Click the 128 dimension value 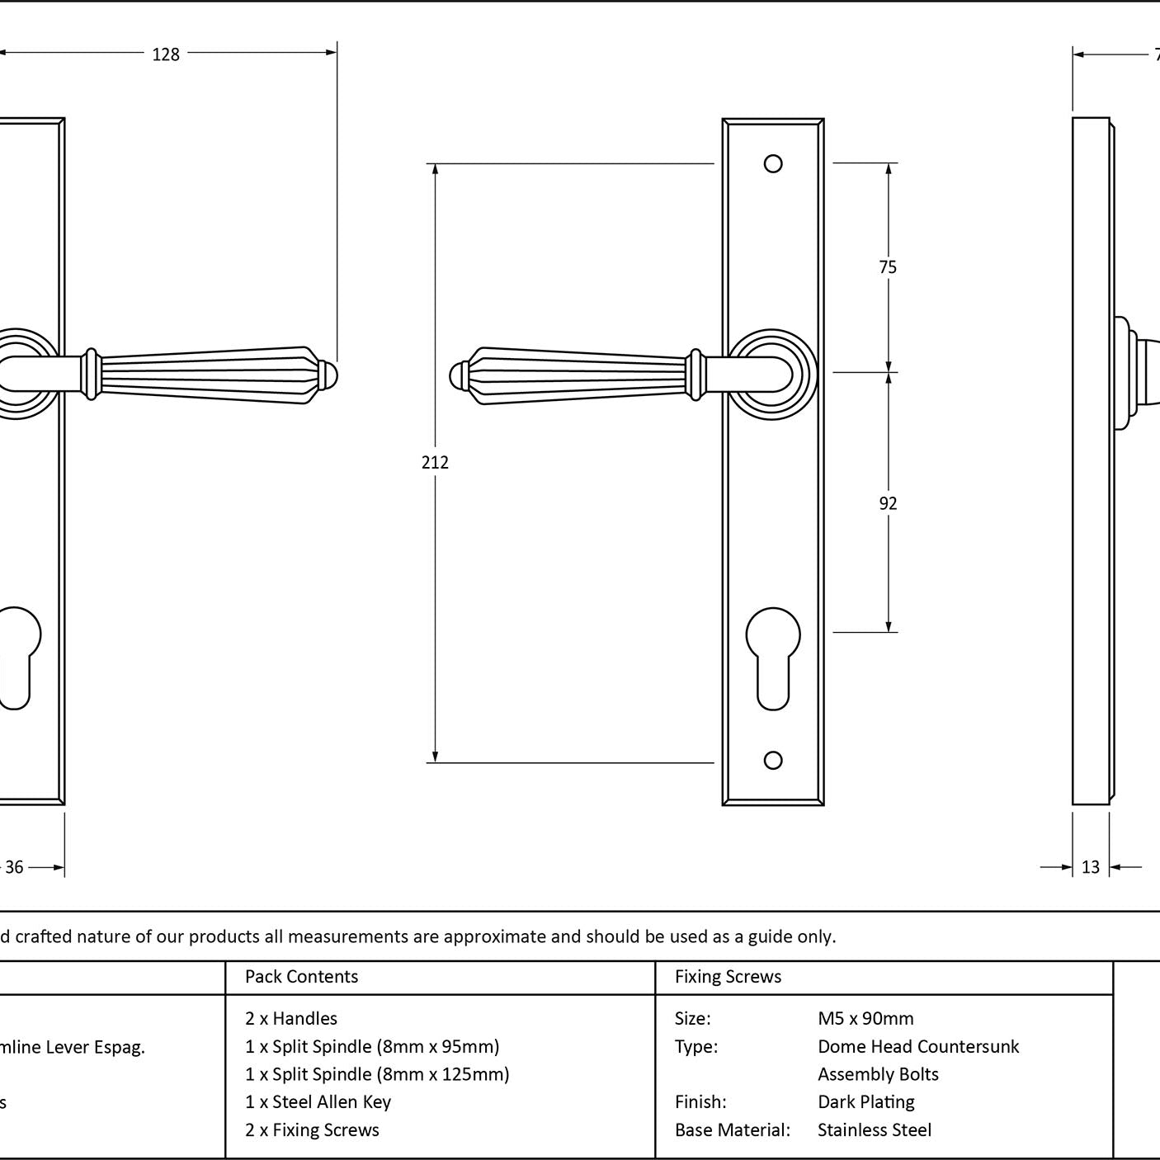click(x=166, y=54)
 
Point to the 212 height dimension click(x=435, y=462)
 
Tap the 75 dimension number click(x=888, y=266)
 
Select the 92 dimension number click(x=888, y=503)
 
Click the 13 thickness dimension click(x=1091, y=867)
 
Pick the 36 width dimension click(x=15, y=867)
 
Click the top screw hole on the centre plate click(x=773, y=164)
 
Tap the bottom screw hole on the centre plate click(x=773, y=760)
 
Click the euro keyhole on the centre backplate click(x=773, y=656)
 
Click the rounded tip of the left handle click(x=330, y=376)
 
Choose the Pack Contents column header click(x=301, y=977)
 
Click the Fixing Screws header click(x=728, y=977)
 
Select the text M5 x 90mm click(x=865, y=1019)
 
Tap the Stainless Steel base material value click(x=874, y=1130)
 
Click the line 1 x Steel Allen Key click(x=318, y=1102)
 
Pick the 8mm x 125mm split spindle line click(x=377, y=1074)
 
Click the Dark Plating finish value click(x=865, y=1102)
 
